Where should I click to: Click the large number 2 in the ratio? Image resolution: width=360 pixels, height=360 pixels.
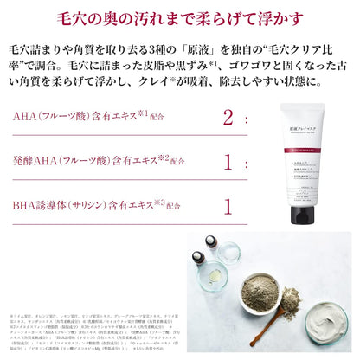pyautogui.click(x=229, y=117)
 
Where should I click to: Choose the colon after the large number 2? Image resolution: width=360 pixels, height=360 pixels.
pyautogui.click(x=250, y=118)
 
